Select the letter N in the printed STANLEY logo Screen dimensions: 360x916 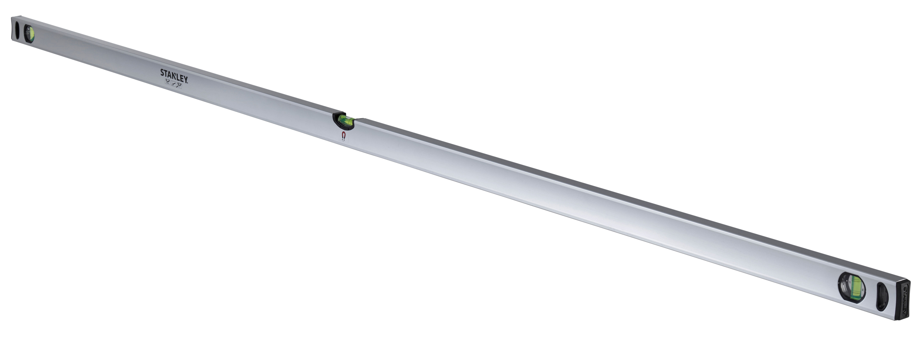pos(174,76)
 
